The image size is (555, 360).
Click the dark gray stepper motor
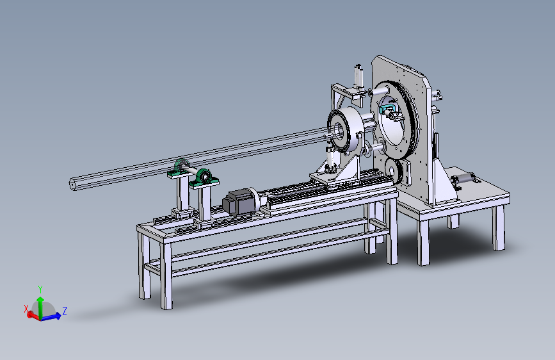coord(236,202)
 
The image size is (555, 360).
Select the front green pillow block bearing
coord(204,178)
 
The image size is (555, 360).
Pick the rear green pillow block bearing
coord(182,168)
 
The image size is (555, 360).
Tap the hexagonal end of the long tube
coord(72,184)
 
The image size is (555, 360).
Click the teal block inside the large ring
coord(386,108)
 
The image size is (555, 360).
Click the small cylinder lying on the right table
coord(463,178)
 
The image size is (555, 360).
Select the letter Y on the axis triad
coord(40,290)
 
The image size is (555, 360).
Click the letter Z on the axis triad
coord(65,311)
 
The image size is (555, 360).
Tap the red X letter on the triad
coord(26,309)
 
